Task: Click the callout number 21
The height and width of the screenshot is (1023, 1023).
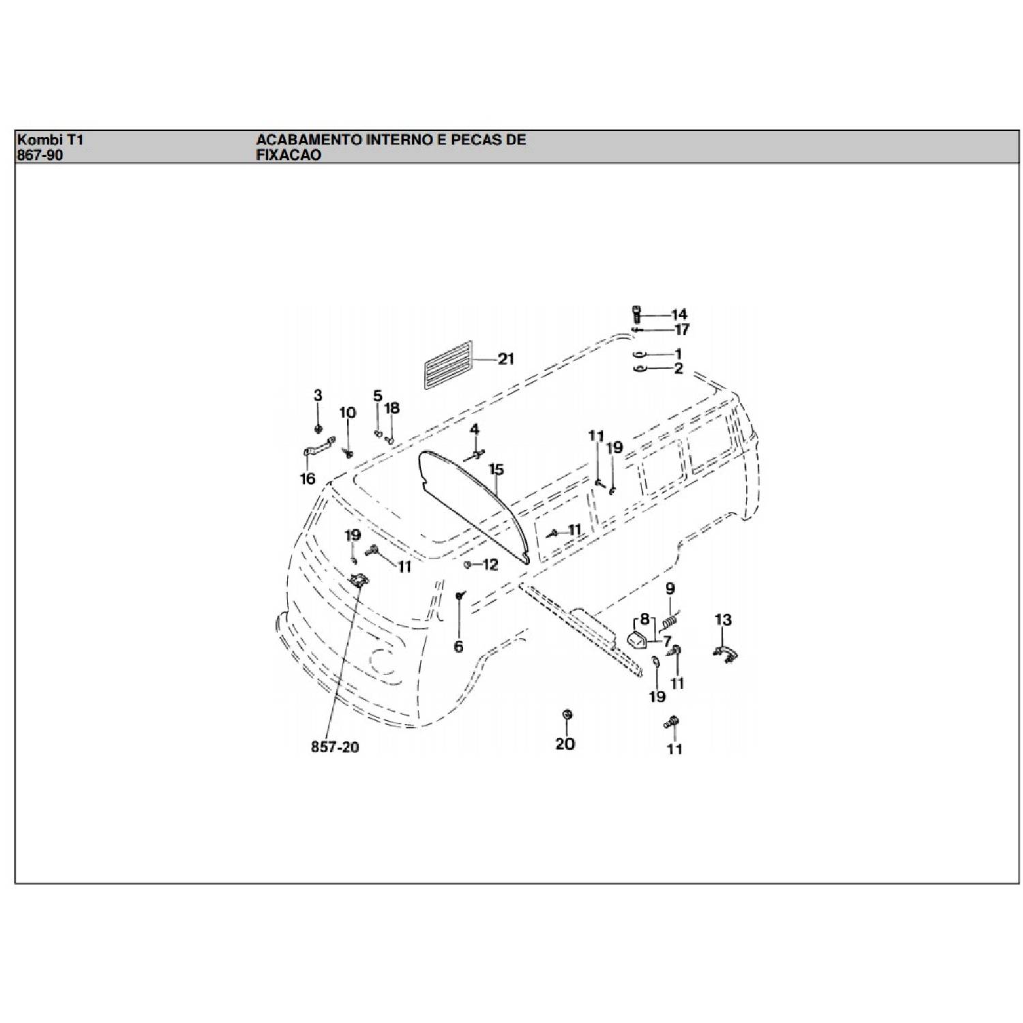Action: tap(505, 359)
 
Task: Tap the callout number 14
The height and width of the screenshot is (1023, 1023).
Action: tap(679, 314)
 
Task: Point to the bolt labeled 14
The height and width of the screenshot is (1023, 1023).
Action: tap(636, 314)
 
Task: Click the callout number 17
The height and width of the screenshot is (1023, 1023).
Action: tap(682, 329)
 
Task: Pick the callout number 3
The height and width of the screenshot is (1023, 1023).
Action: tap(318, 395)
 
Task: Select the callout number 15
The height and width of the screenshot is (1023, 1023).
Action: tap(496, 469)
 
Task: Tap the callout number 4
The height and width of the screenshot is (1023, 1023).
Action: tap(474, 430)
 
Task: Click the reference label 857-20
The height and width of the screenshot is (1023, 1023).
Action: tap(335, 747)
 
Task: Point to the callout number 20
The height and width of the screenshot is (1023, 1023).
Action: tap(565, 743)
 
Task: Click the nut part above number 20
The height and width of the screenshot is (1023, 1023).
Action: tap(566, 714)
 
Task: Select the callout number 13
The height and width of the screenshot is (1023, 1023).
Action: tap(723, 620)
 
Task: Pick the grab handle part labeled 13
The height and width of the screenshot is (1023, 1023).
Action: tap(726, 654)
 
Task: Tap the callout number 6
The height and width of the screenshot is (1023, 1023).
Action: tap(458, 646)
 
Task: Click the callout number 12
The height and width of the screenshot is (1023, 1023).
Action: tap(490, 565)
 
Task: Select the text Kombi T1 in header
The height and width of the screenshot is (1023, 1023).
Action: tap(50, 140)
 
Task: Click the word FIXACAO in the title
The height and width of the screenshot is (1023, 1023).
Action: tap(288, 155)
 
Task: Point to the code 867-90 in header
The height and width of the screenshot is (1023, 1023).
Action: tap(40, 155)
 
